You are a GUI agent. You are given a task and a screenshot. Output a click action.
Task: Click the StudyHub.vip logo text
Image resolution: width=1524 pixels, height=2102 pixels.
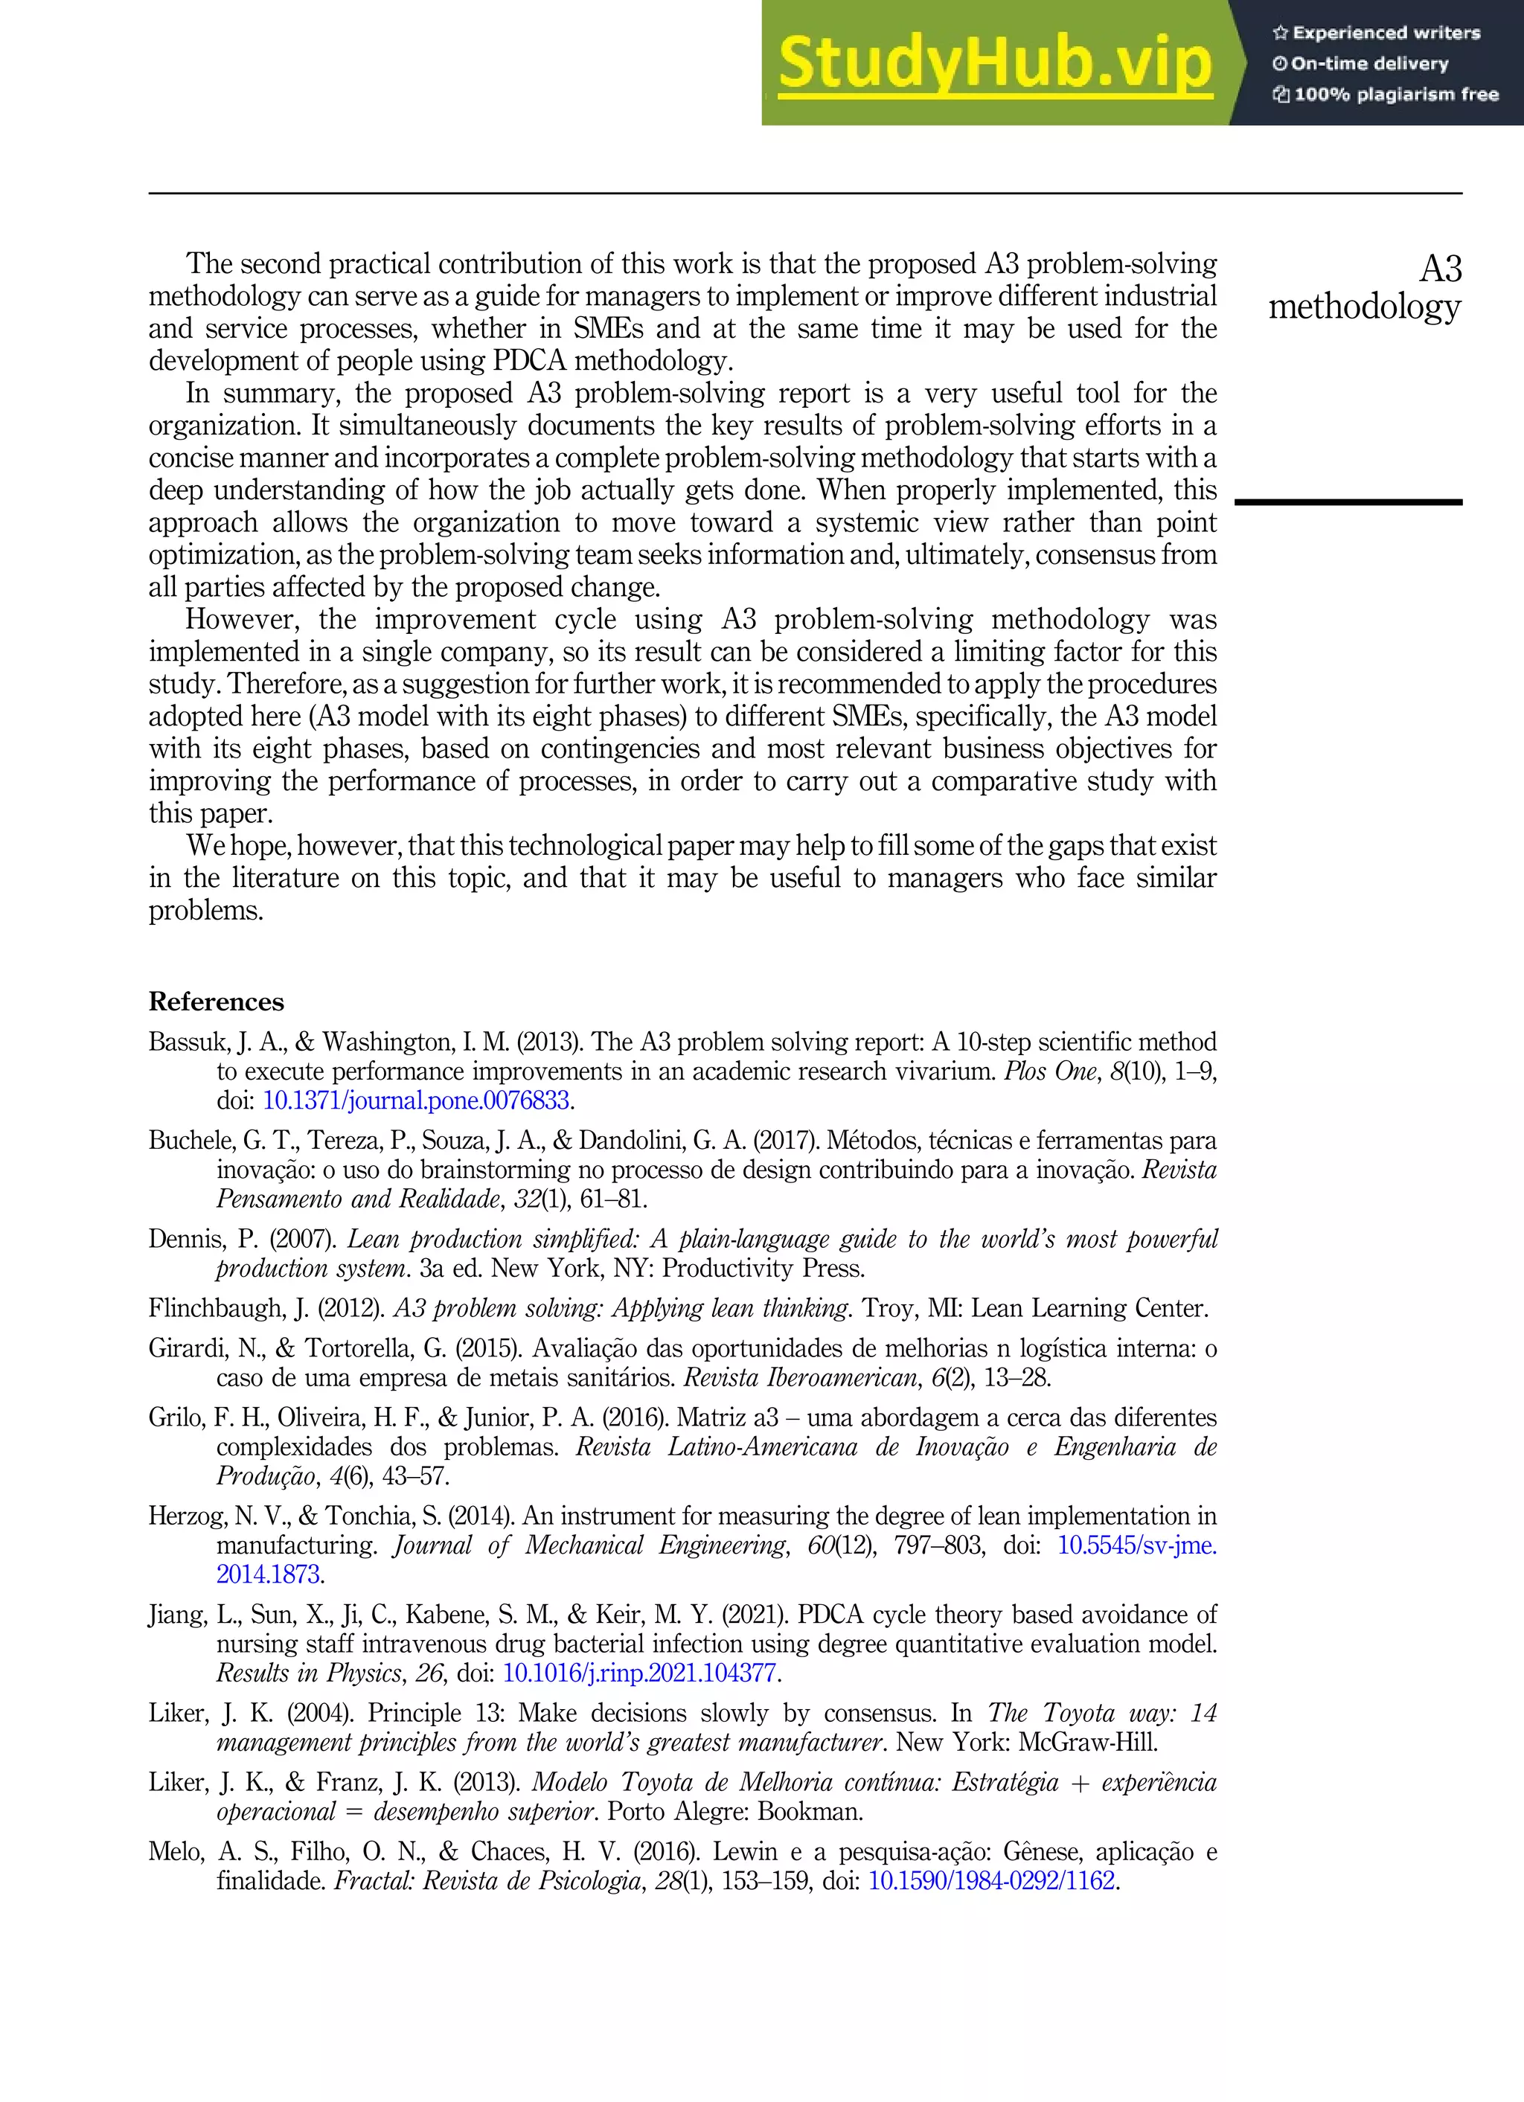pos(995,63)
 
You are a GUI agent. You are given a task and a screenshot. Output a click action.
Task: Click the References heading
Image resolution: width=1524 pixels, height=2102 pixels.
pos(216,1002)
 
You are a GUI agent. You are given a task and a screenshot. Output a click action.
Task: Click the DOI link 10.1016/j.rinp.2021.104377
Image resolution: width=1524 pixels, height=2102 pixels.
pos(638,1673)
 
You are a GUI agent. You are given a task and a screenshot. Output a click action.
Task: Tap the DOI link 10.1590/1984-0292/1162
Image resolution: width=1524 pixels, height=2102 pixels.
pos(991,1880)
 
